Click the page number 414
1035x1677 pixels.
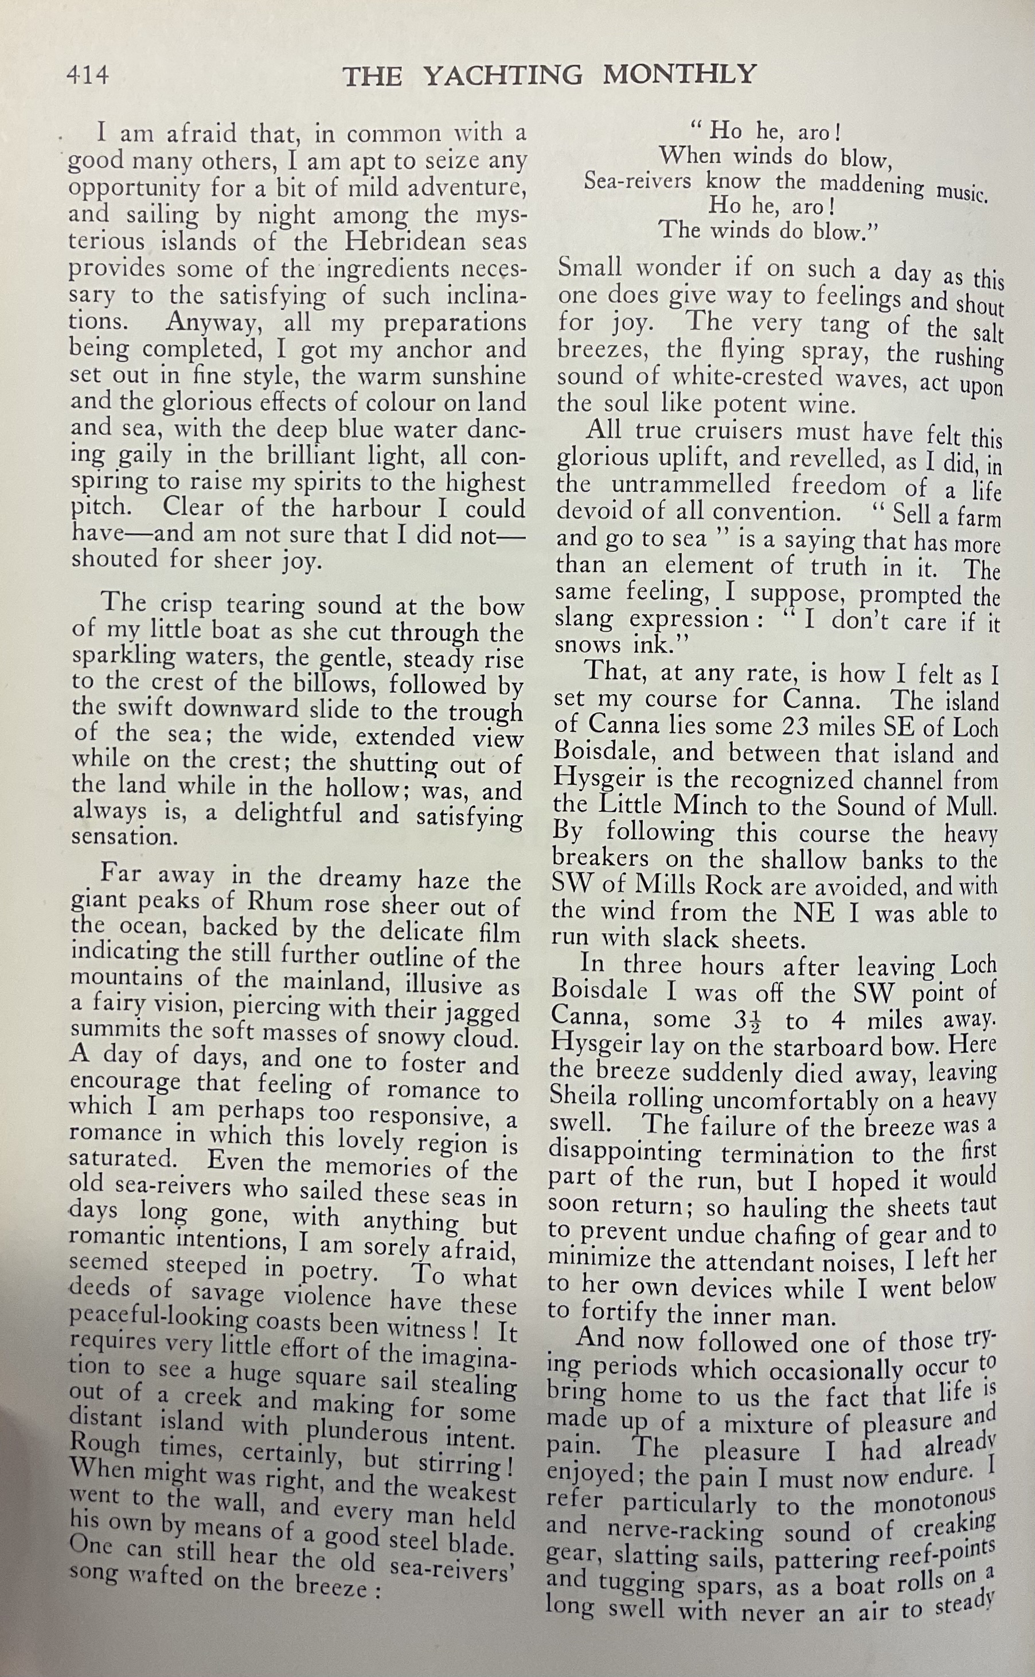coord(87,74)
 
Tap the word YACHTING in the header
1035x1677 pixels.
coord(503,75)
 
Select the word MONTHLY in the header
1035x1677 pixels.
coord(679,73)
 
